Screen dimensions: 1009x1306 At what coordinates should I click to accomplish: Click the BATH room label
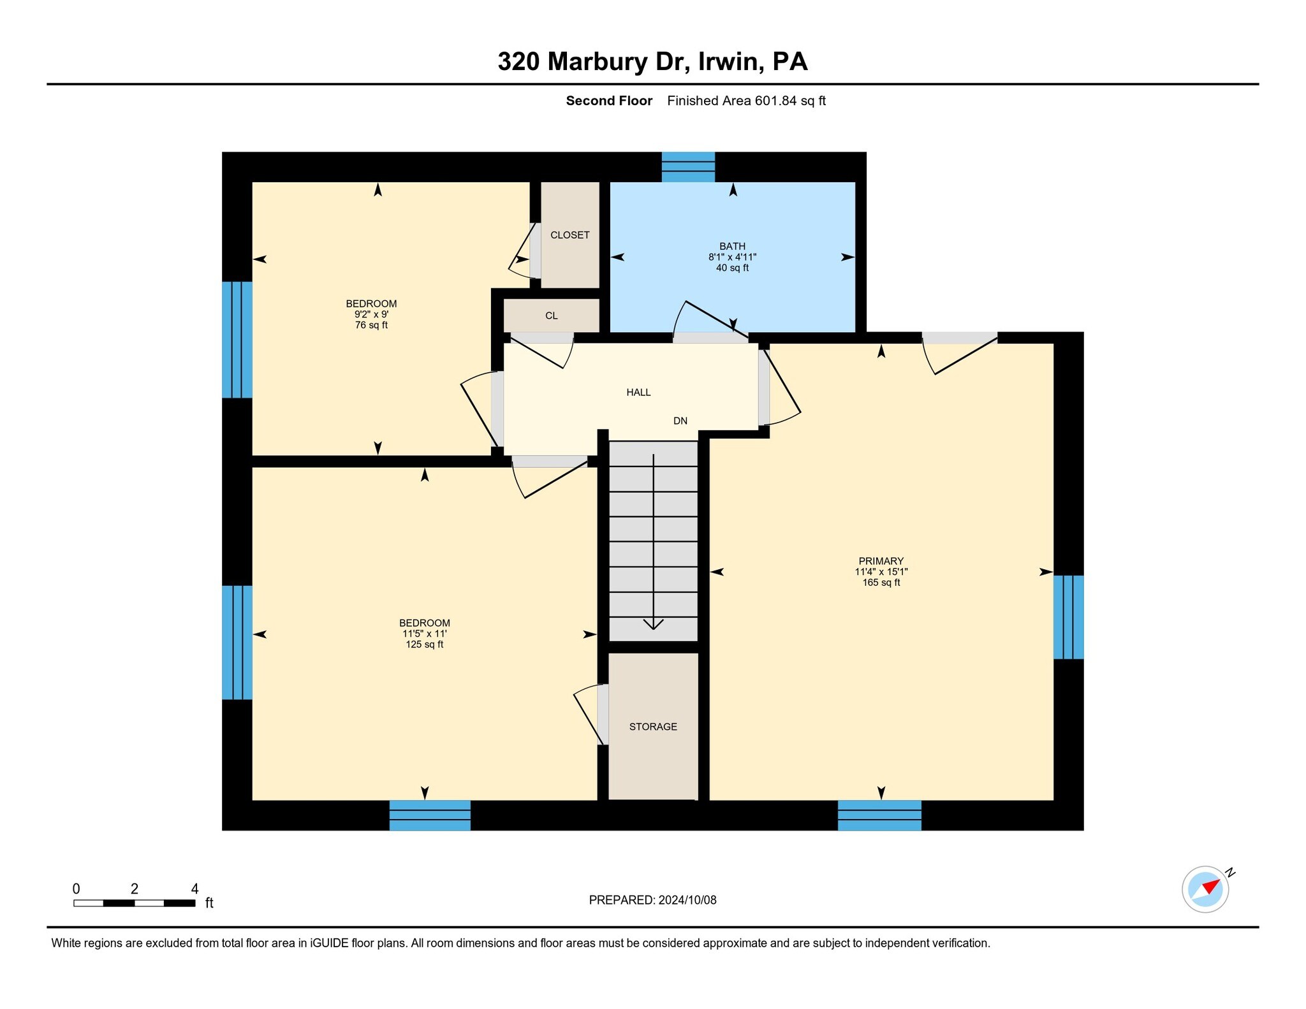pyautogui.click(x=732, y=246)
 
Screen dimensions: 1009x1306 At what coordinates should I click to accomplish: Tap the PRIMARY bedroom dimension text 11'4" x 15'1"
pyautogui.click(x=881, y=572)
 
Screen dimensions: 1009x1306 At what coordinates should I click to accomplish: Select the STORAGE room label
pyautogui.click(x=653, y=727)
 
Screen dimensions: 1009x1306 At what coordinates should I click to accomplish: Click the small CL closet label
pyautogui.click(x=551, y=316)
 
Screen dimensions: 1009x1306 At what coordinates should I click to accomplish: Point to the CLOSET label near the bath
pyautogui.click(x=569, y=235)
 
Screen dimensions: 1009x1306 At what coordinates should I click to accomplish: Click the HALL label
pyautogui.click(x=638, y=393)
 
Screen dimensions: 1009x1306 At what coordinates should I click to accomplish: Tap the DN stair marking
pyautogui.click(x=680, y=421)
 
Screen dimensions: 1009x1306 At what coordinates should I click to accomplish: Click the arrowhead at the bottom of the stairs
pyautogui.click(x=654, y=625)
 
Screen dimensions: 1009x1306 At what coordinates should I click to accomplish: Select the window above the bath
pyautogui.click(x=688, y=167)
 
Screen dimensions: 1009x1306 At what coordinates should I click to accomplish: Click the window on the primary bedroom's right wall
pyautogui.click(x=1068, y=616)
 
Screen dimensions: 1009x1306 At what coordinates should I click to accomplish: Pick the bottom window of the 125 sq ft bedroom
pyautogui.click(x=430, y=815)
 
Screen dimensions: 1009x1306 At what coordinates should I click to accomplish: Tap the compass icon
pyautogui.click(x=1205, y=889)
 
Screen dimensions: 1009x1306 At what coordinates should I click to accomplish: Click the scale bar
pyautogui.click(x=135, y=903)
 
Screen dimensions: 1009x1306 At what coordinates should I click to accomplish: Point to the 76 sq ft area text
pyautogui.click(x=371, y=325)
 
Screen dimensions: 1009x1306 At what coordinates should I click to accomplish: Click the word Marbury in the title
pyautogui.click(x=598, y=62)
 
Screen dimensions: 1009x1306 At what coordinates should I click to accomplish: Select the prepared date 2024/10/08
pyautogui.click(x=687, y=900)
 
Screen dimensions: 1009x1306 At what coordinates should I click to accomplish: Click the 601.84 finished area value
pyautogui.click(x=775, y=101)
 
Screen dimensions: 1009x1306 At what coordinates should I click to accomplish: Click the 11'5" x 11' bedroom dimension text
pyautogui.click(x=424, y=634)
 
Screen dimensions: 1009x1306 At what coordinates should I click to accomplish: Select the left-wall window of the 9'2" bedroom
pyautogui.click(x=237, y=340)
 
